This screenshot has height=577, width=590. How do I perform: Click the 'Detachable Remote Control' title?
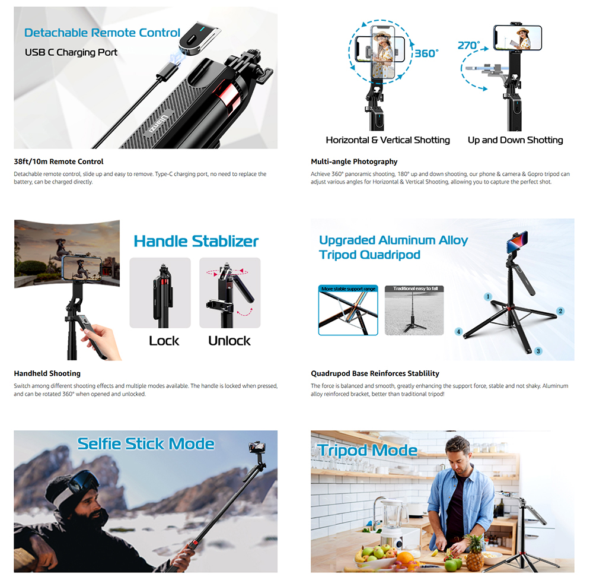102,33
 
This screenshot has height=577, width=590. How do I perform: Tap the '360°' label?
426,53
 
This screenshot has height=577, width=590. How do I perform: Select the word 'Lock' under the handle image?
164,341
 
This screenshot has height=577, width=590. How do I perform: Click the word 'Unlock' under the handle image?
229,341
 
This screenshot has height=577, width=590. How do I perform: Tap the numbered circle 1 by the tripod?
488,296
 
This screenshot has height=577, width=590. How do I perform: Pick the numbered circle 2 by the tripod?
560,310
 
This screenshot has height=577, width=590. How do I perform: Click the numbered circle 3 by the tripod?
538,351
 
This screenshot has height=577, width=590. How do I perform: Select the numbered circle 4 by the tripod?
458,331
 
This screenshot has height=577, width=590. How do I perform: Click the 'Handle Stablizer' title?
196,241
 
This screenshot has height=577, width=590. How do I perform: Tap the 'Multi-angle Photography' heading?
354,161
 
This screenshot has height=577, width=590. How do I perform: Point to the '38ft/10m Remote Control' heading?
59,161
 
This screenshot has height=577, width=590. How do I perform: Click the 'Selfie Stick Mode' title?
146,443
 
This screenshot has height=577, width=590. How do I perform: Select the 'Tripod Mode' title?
368,450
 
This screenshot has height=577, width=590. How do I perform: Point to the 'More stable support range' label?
348,289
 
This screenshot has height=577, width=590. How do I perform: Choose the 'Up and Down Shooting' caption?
515,140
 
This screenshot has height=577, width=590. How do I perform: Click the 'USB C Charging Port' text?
71,52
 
